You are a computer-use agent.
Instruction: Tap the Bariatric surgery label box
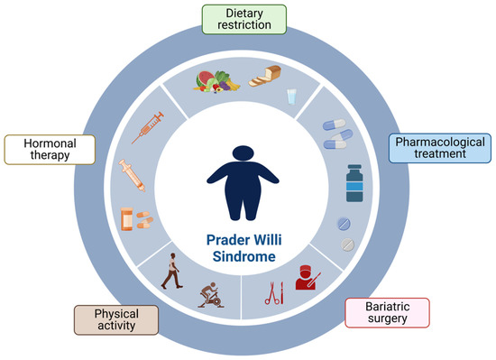[387, 312]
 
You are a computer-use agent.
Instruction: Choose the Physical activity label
[115, 320]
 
